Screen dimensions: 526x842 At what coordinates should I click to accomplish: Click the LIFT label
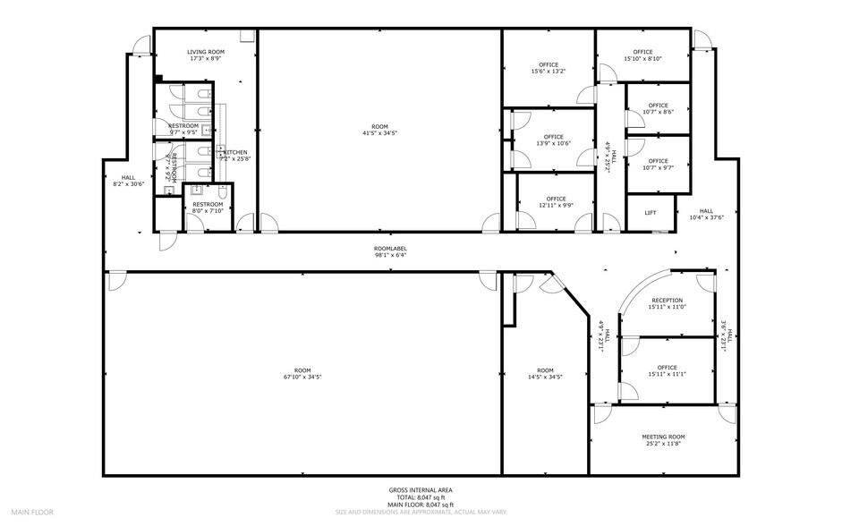click(x=651, y=212)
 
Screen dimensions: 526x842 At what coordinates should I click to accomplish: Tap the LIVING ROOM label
click(x=206, y=52)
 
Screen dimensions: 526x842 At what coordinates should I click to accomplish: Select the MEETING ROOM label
click(x=663, y=437)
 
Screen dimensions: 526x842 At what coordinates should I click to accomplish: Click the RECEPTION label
click(x=667, y=301)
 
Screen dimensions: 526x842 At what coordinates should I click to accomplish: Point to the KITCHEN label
click(x=235, y=152)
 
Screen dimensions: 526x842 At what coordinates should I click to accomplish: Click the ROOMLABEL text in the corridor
click(x=391, y=248)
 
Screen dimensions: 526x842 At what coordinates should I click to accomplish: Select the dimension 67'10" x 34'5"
click(x=302, y=378)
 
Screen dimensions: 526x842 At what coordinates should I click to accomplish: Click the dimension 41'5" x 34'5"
click(x=380, y=133)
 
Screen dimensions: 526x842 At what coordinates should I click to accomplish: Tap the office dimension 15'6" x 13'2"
click(x=549, y=72)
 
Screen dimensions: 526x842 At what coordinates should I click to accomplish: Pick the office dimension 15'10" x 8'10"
click(x=642, y=59)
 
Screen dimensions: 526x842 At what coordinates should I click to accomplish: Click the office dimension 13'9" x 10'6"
click(x=553, y=143)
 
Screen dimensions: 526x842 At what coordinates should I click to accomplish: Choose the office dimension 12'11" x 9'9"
click(x=556, y=205)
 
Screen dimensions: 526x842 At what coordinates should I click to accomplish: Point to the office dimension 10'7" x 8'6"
click(x=659, y=113)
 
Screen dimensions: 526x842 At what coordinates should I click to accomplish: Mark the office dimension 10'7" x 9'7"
click(x=659, y=167)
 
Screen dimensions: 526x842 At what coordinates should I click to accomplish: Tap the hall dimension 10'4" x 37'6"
click(x=707, y=217)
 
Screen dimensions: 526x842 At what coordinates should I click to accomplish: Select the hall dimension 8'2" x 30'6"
click(x=129, y=184)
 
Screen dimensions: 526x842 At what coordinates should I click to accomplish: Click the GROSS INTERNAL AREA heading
click(x=420, y=490)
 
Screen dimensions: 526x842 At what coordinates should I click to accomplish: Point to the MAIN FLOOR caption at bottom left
click(x=32, y=513)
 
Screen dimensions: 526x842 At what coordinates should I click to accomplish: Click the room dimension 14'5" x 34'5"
click(x=545, y=378)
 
